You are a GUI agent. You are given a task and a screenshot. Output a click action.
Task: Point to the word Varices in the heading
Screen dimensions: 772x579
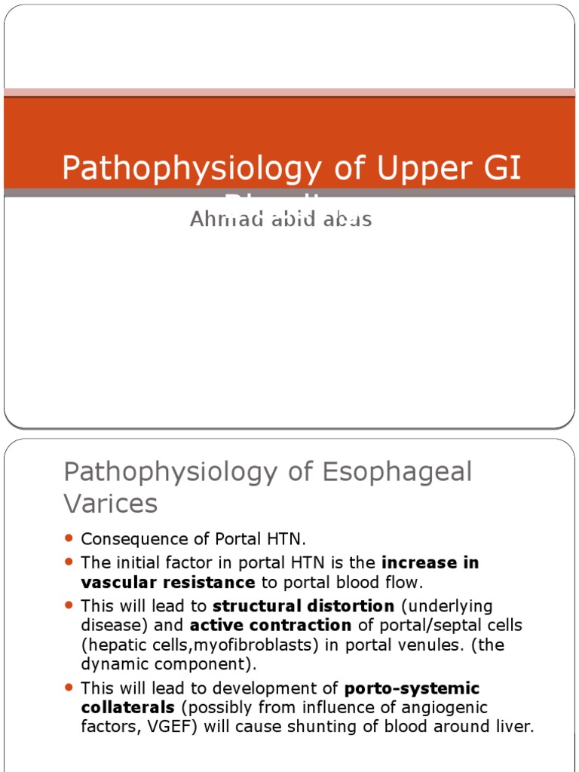[110, 504]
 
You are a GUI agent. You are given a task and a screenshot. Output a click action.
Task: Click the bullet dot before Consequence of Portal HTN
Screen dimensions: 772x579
[69, 538]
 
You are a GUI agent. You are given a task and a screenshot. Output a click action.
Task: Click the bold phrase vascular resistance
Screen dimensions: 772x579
[167, 582]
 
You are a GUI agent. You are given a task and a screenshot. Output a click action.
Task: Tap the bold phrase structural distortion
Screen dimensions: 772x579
[303, 606]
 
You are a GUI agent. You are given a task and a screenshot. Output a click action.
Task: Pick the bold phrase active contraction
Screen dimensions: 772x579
[271, 625]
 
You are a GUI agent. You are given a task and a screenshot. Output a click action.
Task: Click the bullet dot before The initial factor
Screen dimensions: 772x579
[69, 562]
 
